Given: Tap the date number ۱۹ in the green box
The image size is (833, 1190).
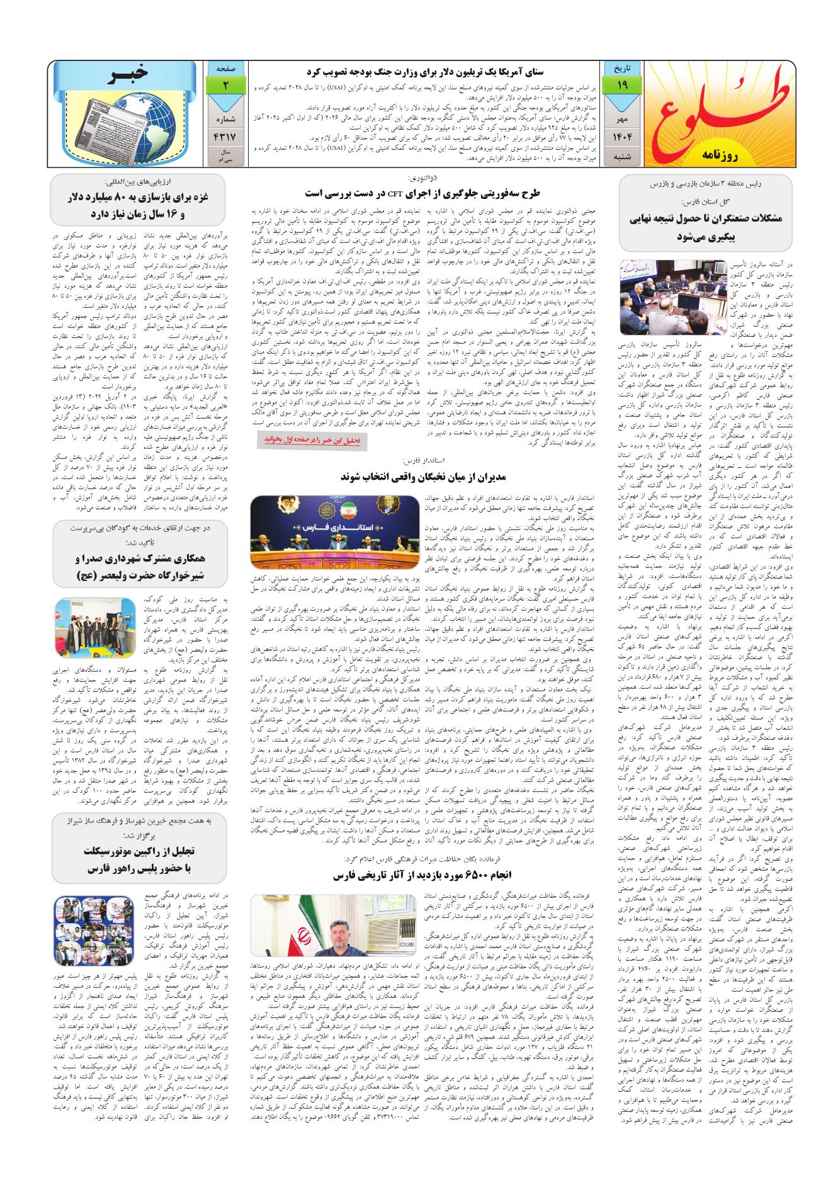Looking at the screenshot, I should point(621,84).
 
